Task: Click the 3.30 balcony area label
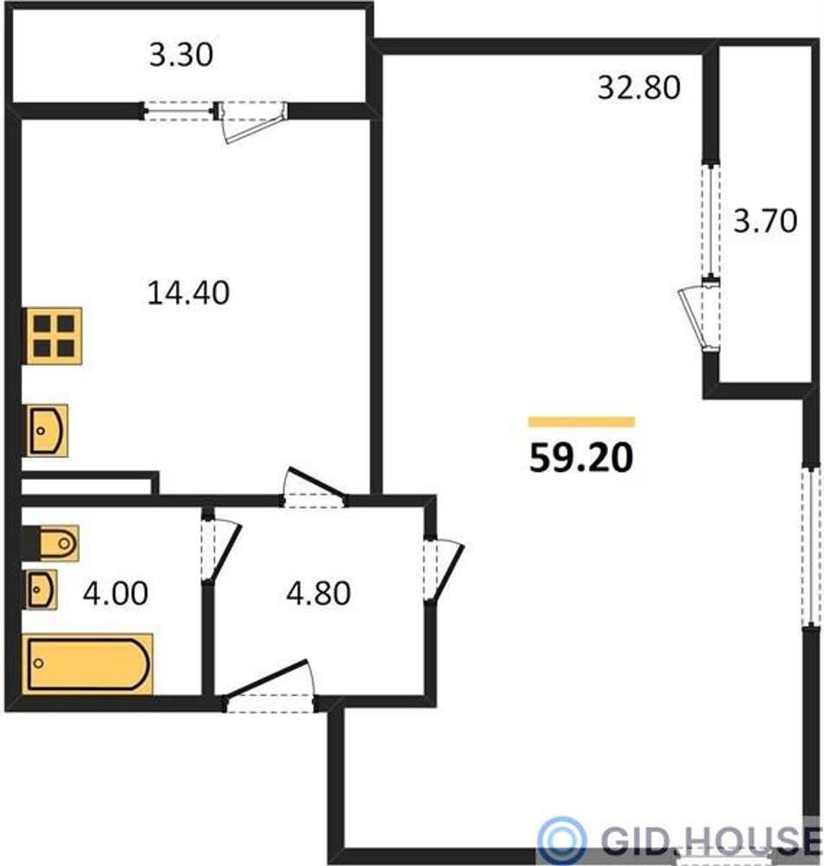click(x=181, y=56)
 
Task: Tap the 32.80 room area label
click(x=638, y=88)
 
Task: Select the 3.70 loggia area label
click(x=765, y=220)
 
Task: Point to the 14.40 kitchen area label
click(x=188, y=292)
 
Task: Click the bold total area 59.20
click(x=581, y=458)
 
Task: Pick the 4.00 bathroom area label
click(x=115, y=594)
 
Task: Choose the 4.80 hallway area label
click(x=318, y=594)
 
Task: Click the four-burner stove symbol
click(x=52, y=336)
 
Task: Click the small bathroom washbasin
click(x=40, y=589)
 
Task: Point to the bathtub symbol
click(x=88, y=664)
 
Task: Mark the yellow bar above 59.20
click(x=581, y=423)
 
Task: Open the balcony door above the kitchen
click(x=252, y=121)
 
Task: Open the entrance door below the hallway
click(x=270, y=686)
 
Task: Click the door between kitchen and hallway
click(x=313, y=488)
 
